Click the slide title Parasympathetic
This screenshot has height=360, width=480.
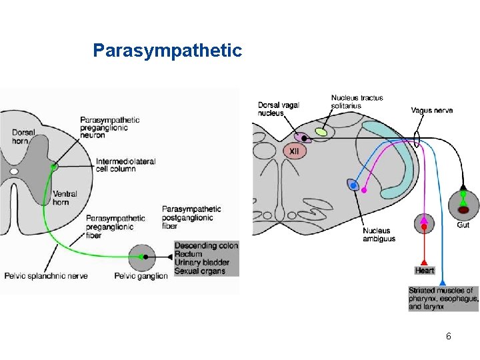(x=167, y=51)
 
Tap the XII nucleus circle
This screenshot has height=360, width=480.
(x=294, y=151)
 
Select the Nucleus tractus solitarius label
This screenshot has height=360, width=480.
(x=357, y=101)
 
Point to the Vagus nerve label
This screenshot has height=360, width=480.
(x=431, y=110)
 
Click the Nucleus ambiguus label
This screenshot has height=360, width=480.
(x=379, y=235)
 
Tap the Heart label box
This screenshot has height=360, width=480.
(x=425, y=271)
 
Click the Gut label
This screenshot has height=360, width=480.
(x=463, y=225)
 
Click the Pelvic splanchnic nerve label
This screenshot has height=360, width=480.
(x=45, y=276)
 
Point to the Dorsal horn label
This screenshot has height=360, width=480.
(x=24, y=137)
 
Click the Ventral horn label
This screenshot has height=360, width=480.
(x=65, y=198)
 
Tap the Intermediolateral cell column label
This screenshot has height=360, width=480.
(x=125, y=165)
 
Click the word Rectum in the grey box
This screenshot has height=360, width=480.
(x=188, y=254)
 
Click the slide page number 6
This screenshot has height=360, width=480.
(x=449, y=336)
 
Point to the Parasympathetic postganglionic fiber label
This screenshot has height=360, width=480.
(x=191, y=217)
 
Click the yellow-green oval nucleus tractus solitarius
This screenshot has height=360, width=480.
(x=321, y=132)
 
